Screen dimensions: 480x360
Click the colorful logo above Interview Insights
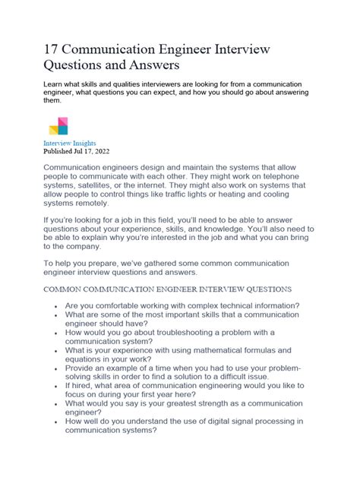point(58,126)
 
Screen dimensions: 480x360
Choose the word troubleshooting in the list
point(181,355)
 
